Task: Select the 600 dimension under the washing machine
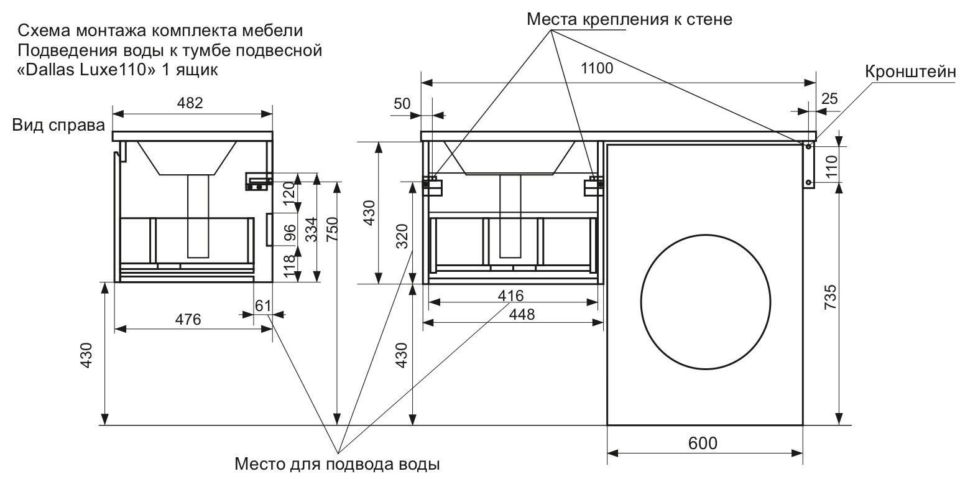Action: [x=703, y=444]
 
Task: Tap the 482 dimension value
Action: [x=190, y=103]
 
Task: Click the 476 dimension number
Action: [x=188, y=320]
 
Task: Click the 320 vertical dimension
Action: [x=401, y=236]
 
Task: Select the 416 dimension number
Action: [x=512, y=295]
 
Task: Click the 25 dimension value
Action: [x=829, y=98]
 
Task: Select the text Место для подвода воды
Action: [x=338, y=464]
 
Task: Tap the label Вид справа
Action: [x=59, y=126]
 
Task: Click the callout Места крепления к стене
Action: [x=629, y=19]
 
